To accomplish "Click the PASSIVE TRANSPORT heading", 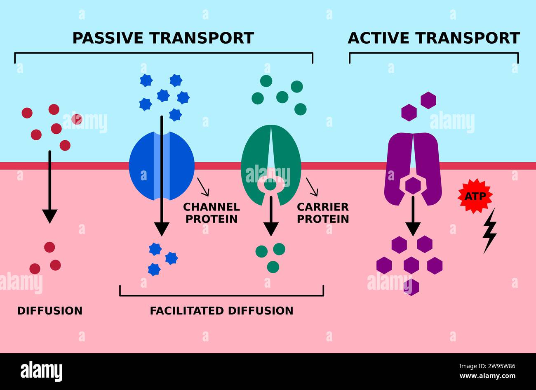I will pos(163,38).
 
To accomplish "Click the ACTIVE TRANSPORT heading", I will pos(433,38).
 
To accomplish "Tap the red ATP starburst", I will pos(475,196).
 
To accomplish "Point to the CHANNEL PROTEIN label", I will pos(212,213).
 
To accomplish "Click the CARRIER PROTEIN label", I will pos(323,213).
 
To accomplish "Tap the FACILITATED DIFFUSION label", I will pos(221,310).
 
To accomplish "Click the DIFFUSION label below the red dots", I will pos(49,310).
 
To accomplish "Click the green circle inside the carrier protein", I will pos(270,185).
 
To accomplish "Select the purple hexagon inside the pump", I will pos(412,186).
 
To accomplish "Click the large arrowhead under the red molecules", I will pos(49,216).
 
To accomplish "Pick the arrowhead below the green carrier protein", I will pos(270,229).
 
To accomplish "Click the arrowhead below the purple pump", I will pos(413,229).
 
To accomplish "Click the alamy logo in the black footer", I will pos(41,371).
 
